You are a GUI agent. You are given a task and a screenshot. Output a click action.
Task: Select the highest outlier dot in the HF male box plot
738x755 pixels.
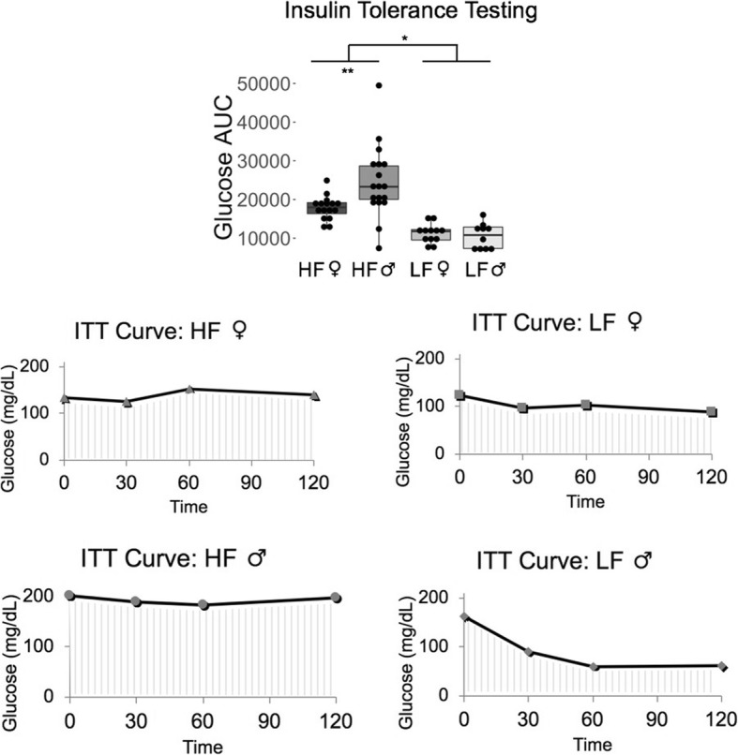(x=379, y=85)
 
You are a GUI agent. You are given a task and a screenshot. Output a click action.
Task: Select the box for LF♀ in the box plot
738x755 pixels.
(x=432, y=234)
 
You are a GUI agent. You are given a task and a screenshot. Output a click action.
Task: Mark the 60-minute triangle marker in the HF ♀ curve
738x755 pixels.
(x=189, y=389)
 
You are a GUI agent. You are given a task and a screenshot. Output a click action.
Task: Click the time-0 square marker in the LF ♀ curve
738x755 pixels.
(x=460, y=395)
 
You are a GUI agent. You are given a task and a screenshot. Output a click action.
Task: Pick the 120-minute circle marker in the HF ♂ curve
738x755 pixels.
(x=336, y=598)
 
